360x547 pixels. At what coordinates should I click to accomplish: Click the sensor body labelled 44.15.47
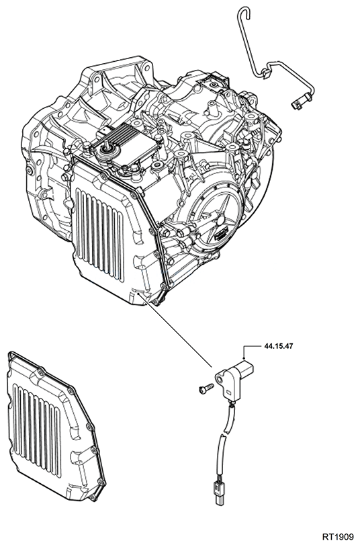(x=238, y=373)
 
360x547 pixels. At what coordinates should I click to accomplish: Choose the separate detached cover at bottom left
(x=54, y=430)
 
